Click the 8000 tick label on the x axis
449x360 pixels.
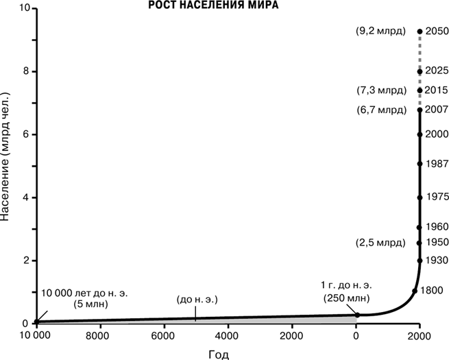coord(98,335)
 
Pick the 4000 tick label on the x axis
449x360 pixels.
coord(226,335)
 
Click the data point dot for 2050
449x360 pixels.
coord(420,32)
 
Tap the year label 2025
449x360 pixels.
coord(437,71)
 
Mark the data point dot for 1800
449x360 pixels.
coord(414,291)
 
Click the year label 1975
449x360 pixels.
coord(437,197)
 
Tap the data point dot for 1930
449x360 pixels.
coord(420,261)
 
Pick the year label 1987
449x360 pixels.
coord(437,164)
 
